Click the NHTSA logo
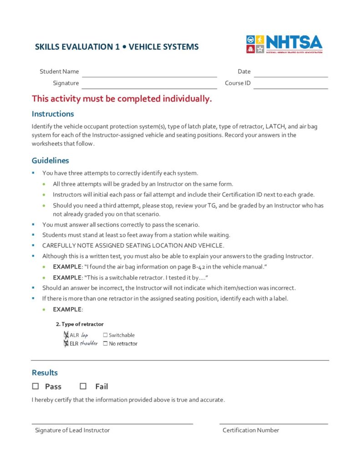284,45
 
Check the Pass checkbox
36,386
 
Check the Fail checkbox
83,386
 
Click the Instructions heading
53,114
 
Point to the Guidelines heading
51,161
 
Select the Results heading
45,373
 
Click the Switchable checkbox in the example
106,335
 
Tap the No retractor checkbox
106,344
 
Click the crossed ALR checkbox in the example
66,335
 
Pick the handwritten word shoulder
89,344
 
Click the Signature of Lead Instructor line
112,424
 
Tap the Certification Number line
274,424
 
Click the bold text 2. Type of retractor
80,324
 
